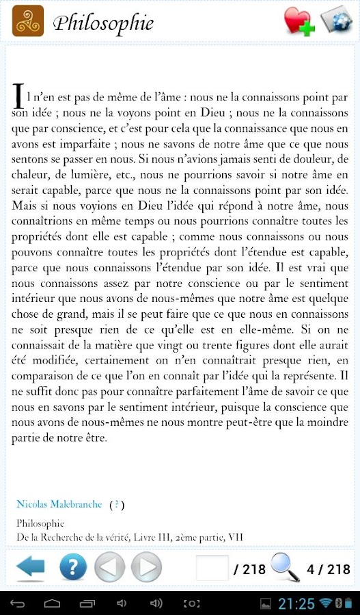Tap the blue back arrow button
(x=30, y=566)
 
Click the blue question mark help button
(x=73, y=566)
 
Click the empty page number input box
(x=212, y=567)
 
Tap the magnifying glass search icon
(x=285, y=566)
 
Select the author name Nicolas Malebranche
(x=59, y=504)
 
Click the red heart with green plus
(x=299, y=22)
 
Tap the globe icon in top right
(x=336, y=20)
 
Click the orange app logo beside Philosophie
(x=28, y=21)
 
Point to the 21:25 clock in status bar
(x=296, y=603)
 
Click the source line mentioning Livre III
(x=129, y=537)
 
